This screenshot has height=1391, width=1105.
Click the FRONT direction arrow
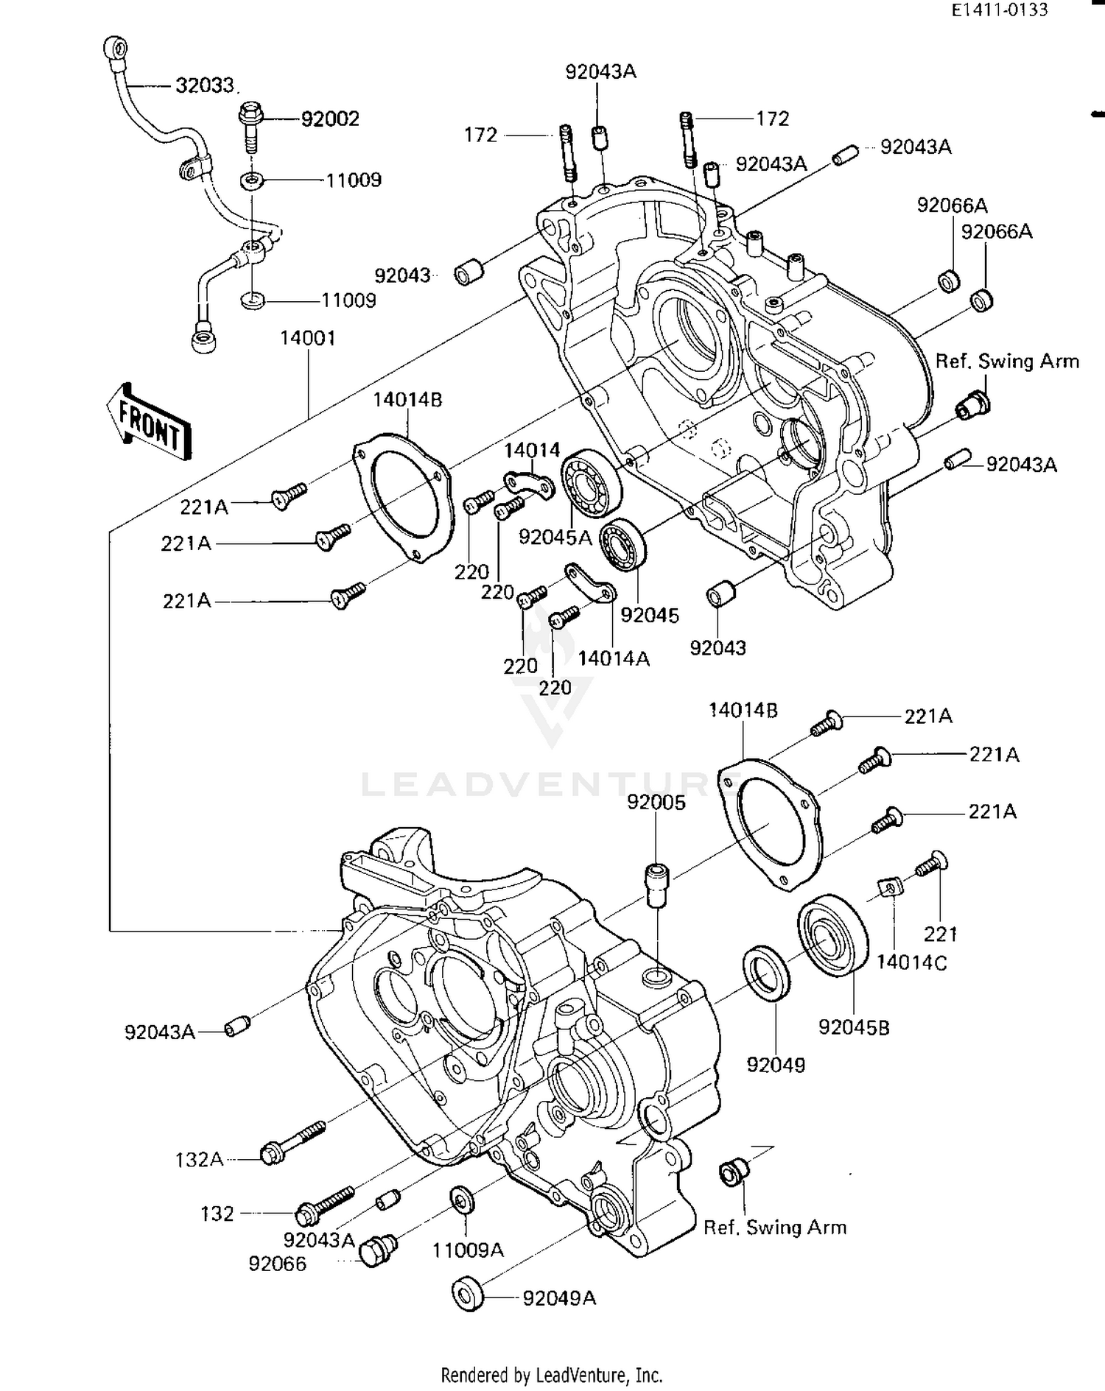[150, 423]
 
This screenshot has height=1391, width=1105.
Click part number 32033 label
[206, 86]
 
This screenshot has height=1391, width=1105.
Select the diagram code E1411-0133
[999, 10]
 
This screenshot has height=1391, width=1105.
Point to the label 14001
[308, 339]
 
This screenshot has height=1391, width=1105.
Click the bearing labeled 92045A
[591, 483]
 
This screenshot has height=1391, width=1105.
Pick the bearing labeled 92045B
[834, 935]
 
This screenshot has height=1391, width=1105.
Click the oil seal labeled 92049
[768, 974]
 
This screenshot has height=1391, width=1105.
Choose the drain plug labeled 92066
[379, 1250]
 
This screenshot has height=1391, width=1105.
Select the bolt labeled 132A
[291, 1144]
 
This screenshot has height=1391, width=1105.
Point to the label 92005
[656, 803]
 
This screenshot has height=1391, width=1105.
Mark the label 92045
[649, 616]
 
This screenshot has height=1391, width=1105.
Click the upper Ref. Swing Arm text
[1006, 362]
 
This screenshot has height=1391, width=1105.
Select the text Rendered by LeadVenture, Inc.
[551, 1375]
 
